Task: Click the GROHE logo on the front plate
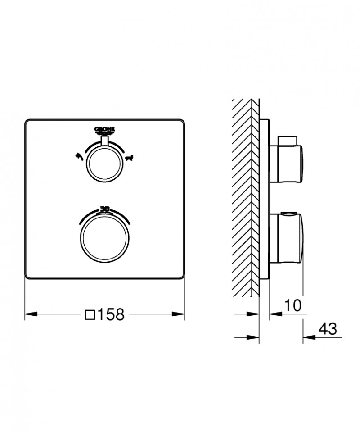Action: point(105,131)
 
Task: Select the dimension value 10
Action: point(293,305)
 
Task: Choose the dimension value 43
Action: point(327,329)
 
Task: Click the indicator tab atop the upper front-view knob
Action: point(105,141)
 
